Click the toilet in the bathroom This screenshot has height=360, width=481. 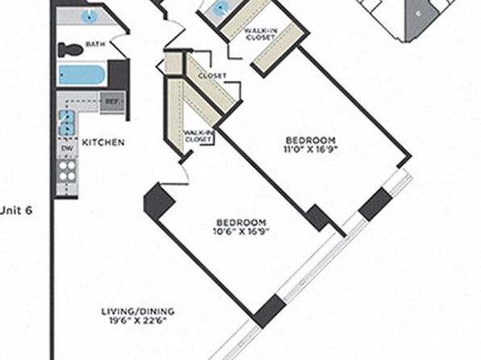pyautogui.click(x=70, y=50)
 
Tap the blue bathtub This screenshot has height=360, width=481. pyautogui.click(x=82, y=74)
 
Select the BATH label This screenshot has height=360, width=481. pyautogui.click(x=95, y=44)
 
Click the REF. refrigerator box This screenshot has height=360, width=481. pyautogui.click(x=112, y=101)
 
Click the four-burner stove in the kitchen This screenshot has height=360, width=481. pyautogui.click(x=67, y=171)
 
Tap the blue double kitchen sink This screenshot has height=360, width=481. pyautogui.click(x=67, y=123)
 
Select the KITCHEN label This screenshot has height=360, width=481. pyautogui.click(x=103, y=142)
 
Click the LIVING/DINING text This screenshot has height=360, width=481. pyautogui.click(x=138, y=312)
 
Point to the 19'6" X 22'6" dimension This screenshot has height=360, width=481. pyautogui.click(x=138, y=320)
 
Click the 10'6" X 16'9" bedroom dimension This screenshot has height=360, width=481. pyautogui.click(x=240, y=231)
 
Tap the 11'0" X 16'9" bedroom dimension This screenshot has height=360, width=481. pyautogui.click(x=311, y=149)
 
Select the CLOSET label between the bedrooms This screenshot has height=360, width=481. pyautogui.click(x=212, y=76)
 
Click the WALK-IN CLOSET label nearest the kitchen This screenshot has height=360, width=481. pyautogui.click(x=199, y=136)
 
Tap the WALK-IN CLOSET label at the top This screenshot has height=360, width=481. pyautogui.click(x=261, y=34)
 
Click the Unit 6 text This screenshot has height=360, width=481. pyautogui.click(x=16, y=211)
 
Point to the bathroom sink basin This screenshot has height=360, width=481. pyautogui.click(x=89, y=16)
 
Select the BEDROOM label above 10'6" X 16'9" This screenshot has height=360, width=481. pyautogui.click(x=241, y=222)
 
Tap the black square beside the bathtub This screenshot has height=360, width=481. pyautogui.click(x=118, y=74)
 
